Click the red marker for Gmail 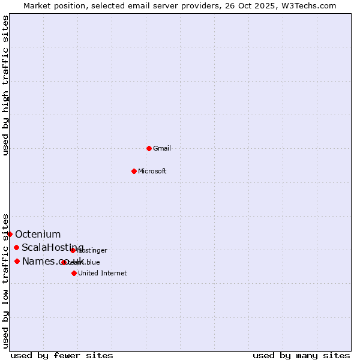pyautogui.click(x=149, y=148)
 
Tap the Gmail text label pyautogui.click(x=162, y=148)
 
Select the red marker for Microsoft pyautogui.click(x=134, y=171)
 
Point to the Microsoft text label pyautogui.click(x=152, y=171)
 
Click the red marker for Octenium pyautogui.click(x=10, y=234)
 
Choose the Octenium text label pyautogui.click(x=38, y=234)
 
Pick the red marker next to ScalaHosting pyautogui.click(x=16, y=248)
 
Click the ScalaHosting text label pyautogui.click(x=52, y=248)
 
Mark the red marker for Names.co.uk pyautogui.click(x=17, y=261)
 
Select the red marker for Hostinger pyautogui.click(x=73, y=250)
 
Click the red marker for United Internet pyautogui.click(x=74, y=273)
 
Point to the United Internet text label pyautogui.click(x=103, y=273)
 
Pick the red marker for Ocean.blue pyautogui.click(x=64, y=262)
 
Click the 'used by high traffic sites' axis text pyautogui.click(x=5, y=85)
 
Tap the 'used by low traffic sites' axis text pyautogui.click(x=5, y=280)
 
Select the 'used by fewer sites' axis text pyautogui.click(x=62, y=355)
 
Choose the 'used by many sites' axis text pyautogui.click(x=301, y=355)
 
